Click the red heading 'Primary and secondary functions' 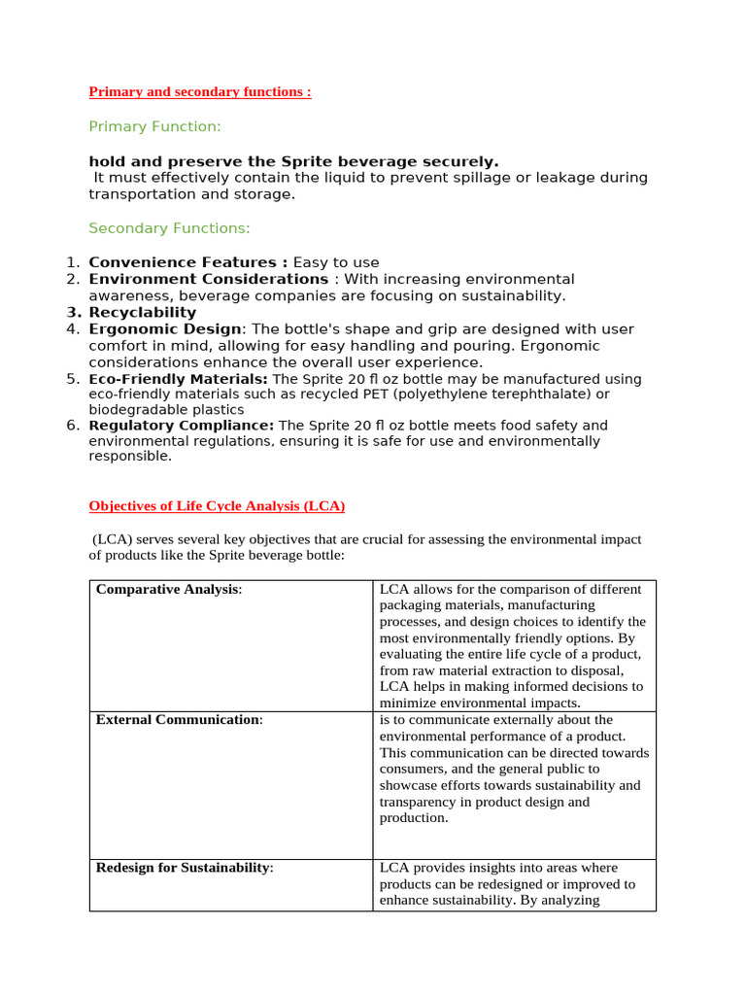click(199, 92)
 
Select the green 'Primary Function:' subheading click(154, 126)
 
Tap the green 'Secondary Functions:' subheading click(169, 228)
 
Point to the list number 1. click(72, 262)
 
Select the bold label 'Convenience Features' click(187, 262)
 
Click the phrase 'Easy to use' click(336, 262)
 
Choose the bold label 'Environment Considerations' click(208, 279)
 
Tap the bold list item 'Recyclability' click(142, 313)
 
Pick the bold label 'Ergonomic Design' click(164, 329)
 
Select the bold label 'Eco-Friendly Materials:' click(179, 379)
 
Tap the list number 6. click(72, 426)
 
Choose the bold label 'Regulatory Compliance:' click(182, 426)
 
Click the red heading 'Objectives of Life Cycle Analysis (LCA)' click(217, 506)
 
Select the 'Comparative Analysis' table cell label click(167, 590)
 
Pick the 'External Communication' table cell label click(178, 720)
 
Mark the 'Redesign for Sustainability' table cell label click(183, 868)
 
